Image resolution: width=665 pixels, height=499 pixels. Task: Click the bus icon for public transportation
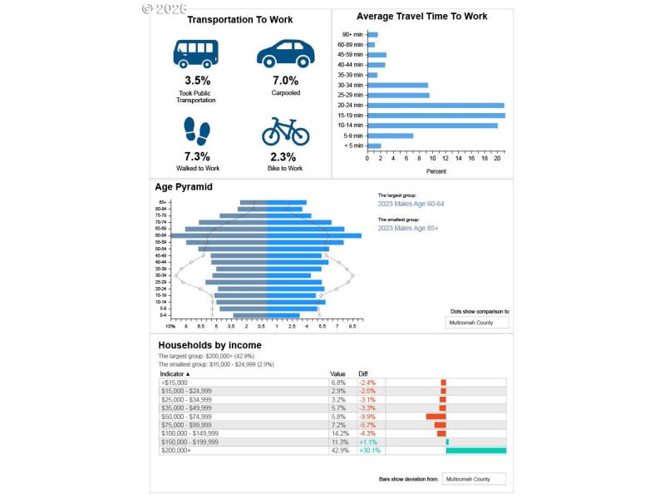(196, 53)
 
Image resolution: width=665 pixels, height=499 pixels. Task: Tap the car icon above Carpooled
(285, 53)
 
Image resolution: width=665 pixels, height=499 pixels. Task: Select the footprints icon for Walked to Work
(196, 131)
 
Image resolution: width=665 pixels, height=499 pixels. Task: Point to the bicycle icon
(285, 131)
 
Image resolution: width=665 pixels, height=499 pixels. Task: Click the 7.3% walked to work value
(196, 156)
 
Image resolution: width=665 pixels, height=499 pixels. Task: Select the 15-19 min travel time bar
(435, 116)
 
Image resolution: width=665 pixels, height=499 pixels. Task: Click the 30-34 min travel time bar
(397, 85)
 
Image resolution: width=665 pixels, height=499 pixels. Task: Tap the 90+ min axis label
(350, 34)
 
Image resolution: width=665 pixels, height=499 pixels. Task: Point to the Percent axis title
(436, 171)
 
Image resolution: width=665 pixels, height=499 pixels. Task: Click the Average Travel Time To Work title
(421, 17)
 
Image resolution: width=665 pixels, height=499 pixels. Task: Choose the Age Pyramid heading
(183, 187)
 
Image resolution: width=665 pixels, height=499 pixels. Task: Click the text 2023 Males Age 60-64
(411, 204)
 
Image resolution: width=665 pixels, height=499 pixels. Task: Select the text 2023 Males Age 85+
(407, 228)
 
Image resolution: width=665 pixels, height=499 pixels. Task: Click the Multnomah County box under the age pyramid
(476, 322)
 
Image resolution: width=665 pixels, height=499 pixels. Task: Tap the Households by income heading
(209, 345)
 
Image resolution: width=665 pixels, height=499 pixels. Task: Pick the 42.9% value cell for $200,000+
(337, 451)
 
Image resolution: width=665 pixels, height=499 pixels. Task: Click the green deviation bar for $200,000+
(475, 451)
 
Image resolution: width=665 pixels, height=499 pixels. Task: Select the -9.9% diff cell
(367, 417)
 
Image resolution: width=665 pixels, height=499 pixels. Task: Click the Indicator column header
(175, 374)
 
